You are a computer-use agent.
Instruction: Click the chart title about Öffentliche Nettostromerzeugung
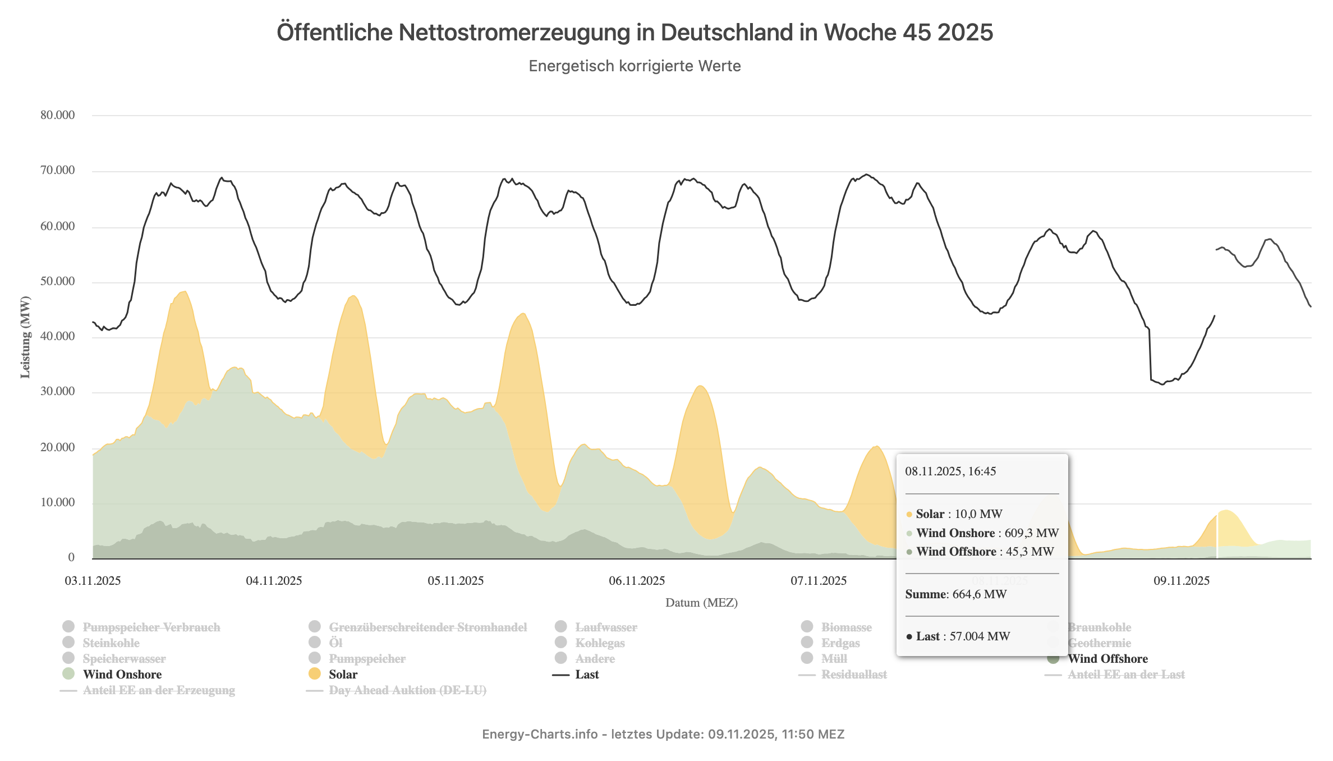635,33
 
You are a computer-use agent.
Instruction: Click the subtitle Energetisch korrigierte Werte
635,66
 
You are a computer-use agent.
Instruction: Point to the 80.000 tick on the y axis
57,115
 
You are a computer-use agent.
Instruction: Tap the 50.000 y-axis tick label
57,281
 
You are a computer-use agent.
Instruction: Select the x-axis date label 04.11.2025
274,581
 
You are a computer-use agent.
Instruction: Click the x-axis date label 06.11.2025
637,581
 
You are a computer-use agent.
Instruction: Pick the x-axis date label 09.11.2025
1182,581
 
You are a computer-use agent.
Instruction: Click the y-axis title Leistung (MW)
25,337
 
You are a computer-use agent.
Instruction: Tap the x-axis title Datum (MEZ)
701,603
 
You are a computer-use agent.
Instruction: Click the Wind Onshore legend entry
122,675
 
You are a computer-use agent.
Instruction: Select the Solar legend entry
343,675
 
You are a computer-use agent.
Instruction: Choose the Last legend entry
587,675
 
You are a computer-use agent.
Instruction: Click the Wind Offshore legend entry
1107,659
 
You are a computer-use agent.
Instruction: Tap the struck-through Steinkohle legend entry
111,643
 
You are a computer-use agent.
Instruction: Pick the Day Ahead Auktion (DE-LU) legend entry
407,690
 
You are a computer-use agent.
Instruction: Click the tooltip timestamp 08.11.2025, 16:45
950,471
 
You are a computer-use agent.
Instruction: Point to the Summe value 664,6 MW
980,594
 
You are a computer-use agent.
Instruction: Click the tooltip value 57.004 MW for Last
980,636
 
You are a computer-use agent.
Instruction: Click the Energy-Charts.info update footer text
663,735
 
